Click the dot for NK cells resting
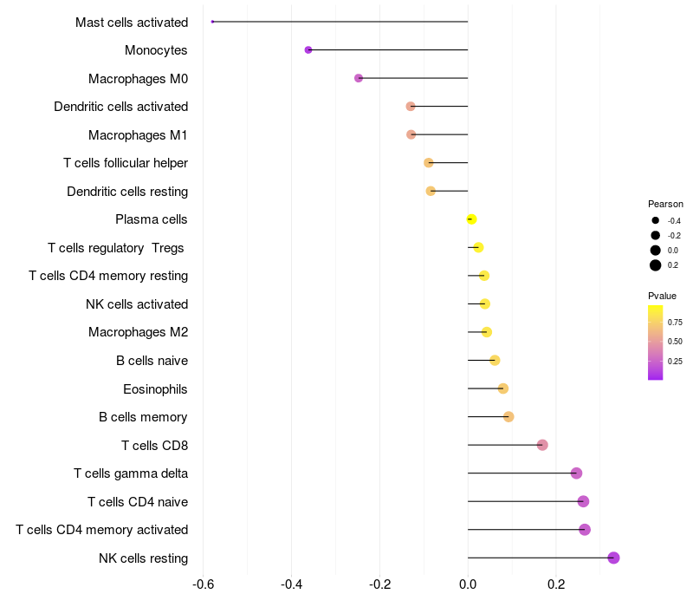[x=613, y=558]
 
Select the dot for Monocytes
[x=308, y=50]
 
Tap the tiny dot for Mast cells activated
[x=212, y=22]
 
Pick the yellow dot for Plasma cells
[x=471, y=219]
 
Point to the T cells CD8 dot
[x=542, y=445]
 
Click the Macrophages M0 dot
[x=359, y=78]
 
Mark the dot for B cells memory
[x=508, y=417]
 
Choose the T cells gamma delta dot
[x=576, y=473]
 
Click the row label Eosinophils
[x=155, y=388]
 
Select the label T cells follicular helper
[x=126, y=163]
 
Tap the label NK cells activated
[x=137, y=304]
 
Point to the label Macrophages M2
[x=138, y=332]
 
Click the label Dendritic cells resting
[x=127, y=191]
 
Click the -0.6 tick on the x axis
[x=203, y=584]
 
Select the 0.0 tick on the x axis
[x=468, y=584]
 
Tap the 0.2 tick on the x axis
[x=556, y=584]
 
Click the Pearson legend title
[x=665, y=204]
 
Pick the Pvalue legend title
[x=662, y=296]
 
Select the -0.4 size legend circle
[x=656, y=221]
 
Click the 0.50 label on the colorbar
[x=675, y=342]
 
